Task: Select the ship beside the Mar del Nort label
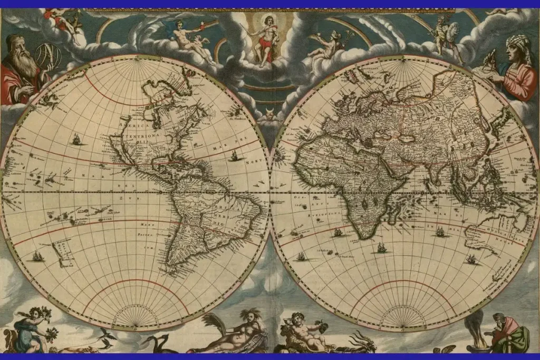click(234, 156)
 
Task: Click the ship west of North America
click(77, 139)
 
